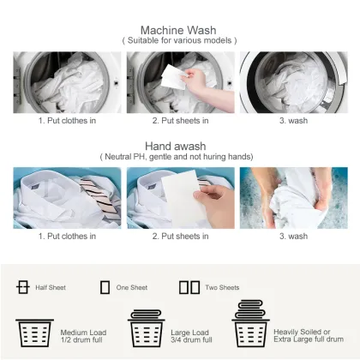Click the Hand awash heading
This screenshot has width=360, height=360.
(x=179, y=146)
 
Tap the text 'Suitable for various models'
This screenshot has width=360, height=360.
(x=179, y=40)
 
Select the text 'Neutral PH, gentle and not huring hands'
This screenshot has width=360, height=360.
(x=179, y=157)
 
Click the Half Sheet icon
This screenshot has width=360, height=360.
(x=23, y=287)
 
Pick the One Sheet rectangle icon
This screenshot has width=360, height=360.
(x=105, y=287)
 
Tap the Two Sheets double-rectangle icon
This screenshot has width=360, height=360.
(x=188, y=287)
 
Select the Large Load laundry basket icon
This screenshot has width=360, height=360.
(x=145, y=327)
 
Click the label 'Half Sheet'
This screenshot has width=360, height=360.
(x=51, y=288)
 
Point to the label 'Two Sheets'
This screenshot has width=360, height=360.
(x=222, y=288)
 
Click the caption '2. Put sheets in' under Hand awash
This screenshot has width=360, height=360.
(x=179, y=236)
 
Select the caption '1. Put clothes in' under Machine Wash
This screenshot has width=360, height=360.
(x=67, y=120)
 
